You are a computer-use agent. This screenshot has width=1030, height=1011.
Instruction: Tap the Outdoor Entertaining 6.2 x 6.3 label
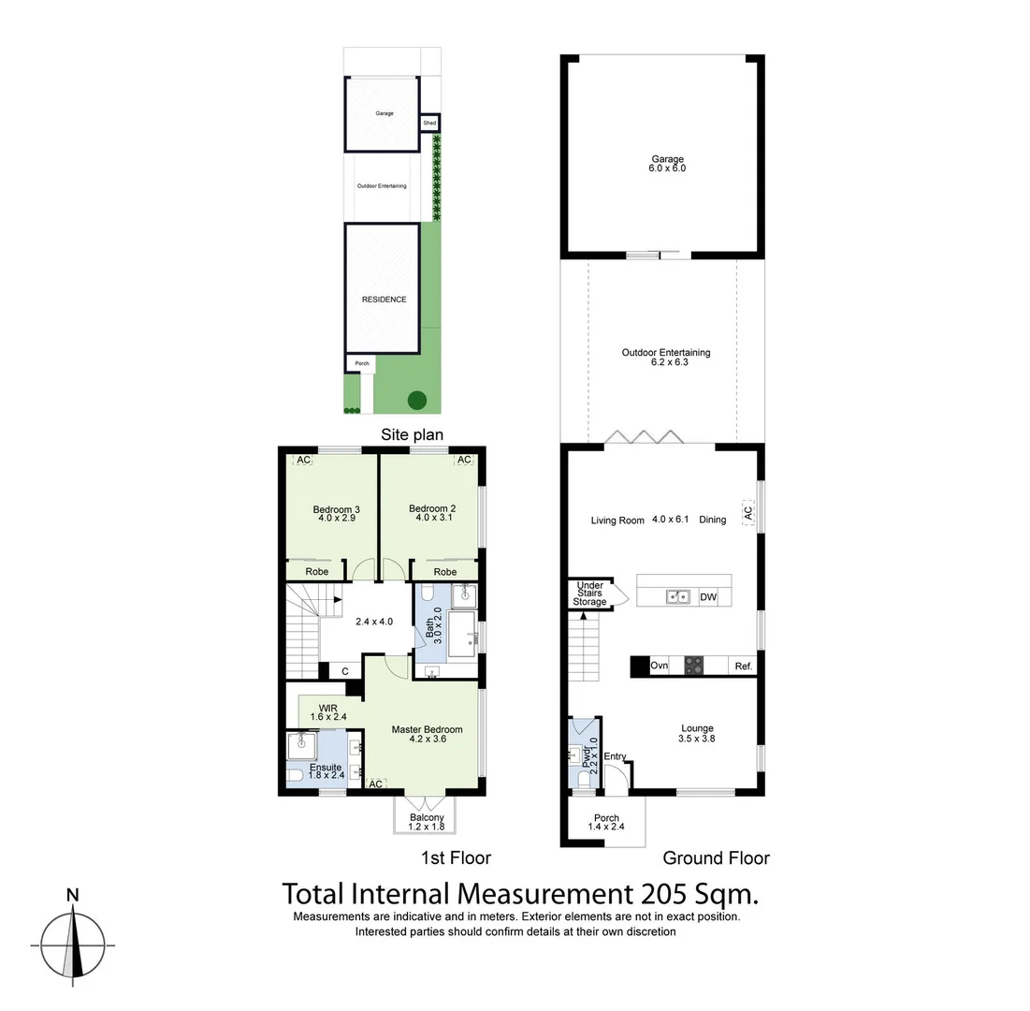pyautogui.click(x=666, y=358)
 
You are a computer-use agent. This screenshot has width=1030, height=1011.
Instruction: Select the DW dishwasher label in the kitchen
pyautogui.click(x=707, y=596)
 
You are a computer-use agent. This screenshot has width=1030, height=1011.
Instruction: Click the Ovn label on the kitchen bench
pyautogui.click(x=659, y=666)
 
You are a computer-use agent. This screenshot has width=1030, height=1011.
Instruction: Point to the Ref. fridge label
pyautogui.click(x=744, y=666)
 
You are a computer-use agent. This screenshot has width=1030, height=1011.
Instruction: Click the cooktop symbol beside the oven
pyautogui.click(x=695, y=666)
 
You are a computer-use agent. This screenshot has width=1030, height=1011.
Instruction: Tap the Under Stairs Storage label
pyautogui.click(x=590, y=593)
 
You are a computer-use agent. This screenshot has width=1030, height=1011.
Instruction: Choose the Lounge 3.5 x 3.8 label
pyautogui.click(x=697, y=733)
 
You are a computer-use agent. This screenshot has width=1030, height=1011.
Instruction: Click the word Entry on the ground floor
pyautogui.click(x=615, y=756)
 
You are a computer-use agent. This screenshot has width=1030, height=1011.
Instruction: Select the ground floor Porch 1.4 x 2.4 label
pyautogui.click(x=606, y=822)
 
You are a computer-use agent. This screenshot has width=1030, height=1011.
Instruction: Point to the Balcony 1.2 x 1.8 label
pyautogui.click(x=427, y=822)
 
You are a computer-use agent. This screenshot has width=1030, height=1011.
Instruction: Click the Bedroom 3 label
pyautogui.click(x=337, y=509)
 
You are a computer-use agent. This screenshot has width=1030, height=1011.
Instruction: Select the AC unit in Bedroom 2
pyautogui.click(x=463, y=460)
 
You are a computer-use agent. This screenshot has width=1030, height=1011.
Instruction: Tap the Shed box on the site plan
pyautogui.click(x=429, y=123)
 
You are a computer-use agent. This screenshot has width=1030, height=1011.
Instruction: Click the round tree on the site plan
pyautogui.click(x=417, y=401)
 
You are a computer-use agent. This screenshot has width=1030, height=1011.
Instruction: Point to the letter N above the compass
pyautogui.click(x=72, y=894)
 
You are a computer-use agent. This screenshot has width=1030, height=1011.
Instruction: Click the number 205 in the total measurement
pyautogui.click(x=662, y=892)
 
